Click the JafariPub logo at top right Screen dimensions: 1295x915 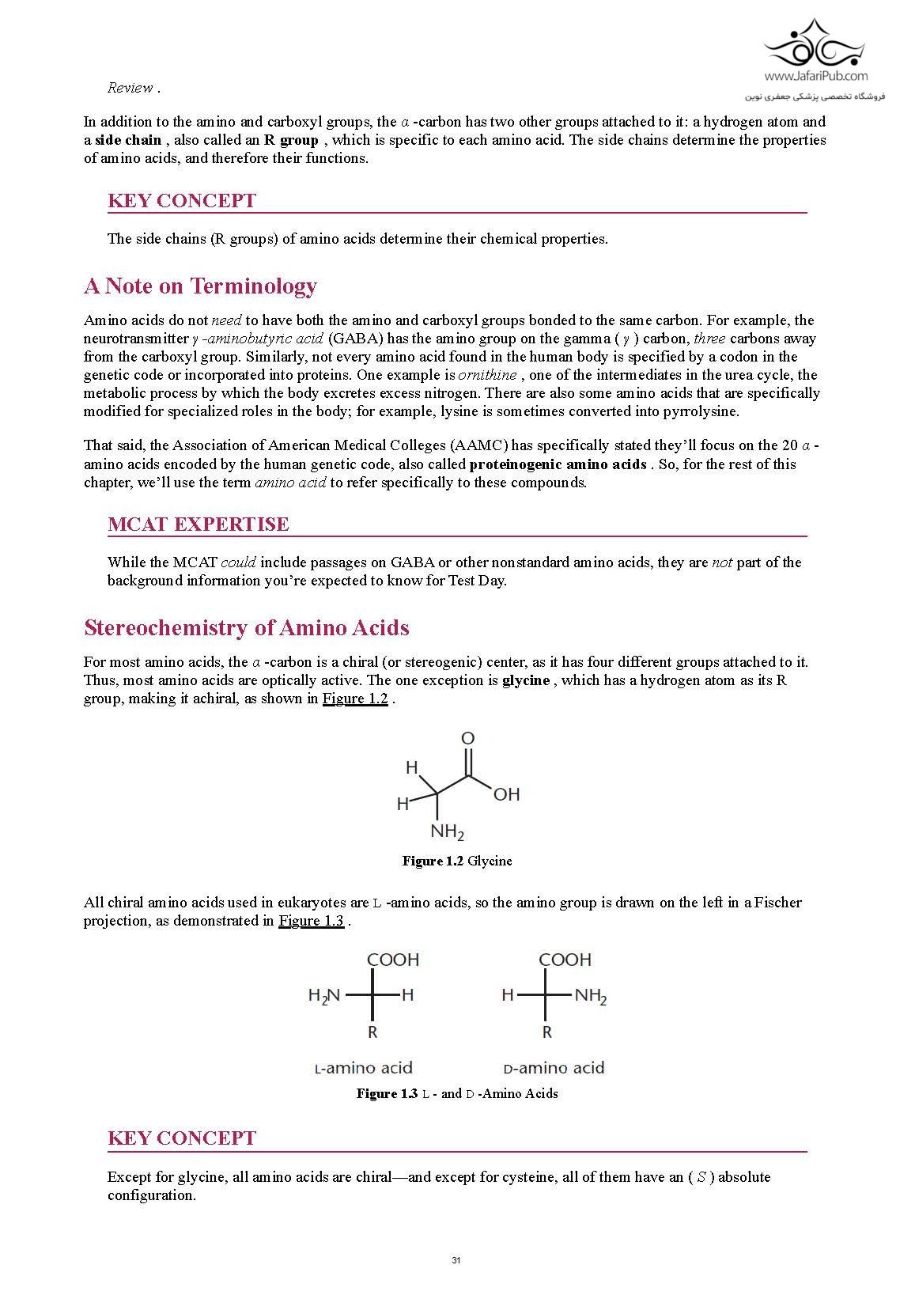point(814,46)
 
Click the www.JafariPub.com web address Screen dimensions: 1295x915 point(815,76)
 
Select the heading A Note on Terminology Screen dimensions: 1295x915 point(200,286)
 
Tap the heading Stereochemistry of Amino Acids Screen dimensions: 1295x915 point(246,627)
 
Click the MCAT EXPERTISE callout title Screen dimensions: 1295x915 point(198,524)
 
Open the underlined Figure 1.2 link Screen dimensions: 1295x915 point(355,699)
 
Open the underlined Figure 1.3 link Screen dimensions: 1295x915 point(311,921)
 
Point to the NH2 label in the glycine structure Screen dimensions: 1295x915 point(447,831)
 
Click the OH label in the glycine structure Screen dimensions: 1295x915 point(506,794)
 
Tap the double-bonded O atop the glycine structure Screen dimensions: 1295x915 point(467,738)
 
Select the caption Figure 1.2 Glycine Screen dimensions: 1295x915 point(457,861)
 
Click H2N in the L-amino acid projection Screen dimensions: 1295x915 point(324,995)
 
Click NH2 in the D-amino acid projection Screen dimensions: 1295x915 point(590,995)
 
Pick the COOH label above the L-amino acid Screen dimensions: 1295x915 point(393,960)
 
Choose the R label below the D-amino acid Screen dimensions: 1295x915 point(546,1032)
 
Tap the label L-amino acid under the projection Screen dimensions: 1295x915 point(364,1068)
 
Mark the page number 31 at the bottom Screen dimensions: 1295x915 point(456,1260)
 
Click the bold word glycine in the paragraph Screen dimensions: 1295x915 point(526,680)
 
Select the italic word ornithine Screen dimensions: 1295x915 point(487,375)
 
